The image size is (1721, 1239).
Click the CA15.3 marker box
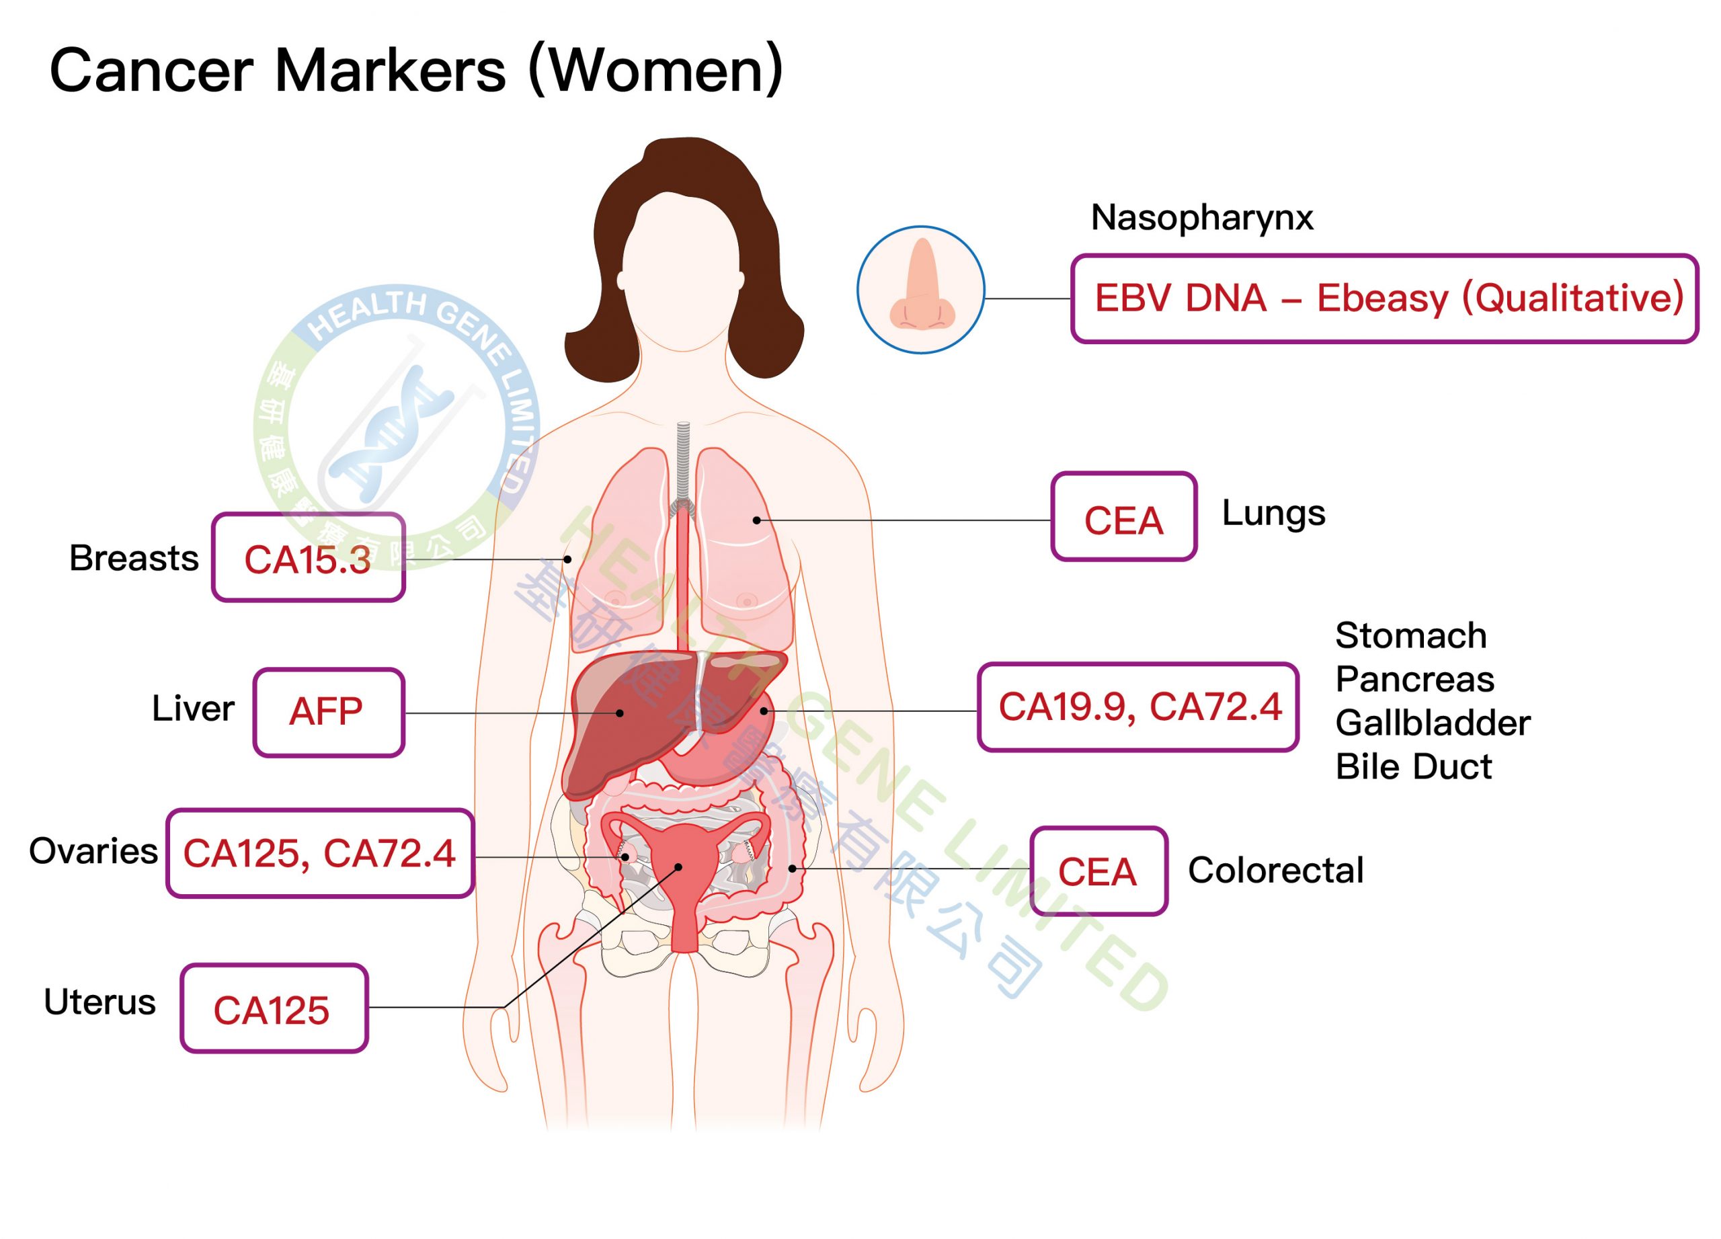point(308,558)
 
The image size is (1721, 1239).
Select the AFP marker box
point(329,713)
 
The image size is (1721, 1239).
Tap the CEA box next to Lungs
point(1124,517)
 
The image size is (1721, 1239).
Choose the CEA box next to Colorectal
point(1098,871)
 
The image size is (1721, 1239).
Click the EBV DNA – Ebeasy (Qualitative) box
point(1385,299)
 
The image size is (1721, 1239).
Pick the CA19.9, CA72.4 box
point(1138,707)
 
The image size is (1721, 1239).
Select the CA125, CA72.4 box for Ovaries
point(320,854)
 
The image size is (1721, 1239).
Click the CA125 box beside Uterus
point(274,1008)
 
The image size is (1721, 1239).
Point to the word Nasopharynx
point(1202,218)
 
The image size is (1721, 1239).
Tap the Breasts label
point(134,558)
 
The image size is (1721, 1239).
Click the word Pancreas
point(1414,679)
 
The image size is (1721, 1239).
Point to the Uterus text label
point(100,1002)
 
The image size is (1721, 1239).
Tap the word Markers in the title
point(390,71)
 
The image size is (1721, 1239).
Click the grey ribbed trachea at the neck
point(683,463)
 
